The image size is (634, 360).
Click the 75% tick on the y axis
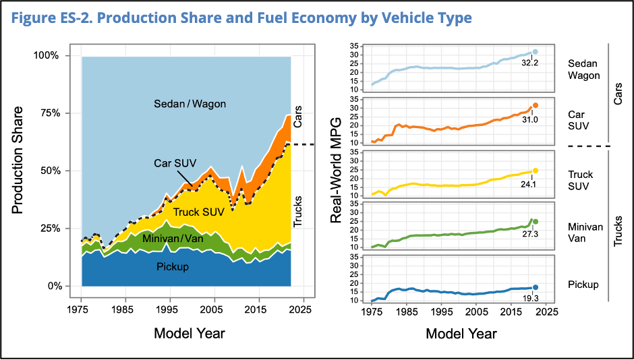(48, 113)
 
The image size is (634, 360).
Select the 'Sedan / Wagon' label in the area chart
(190, 104)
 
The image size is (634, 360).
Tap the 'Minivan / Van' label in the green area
(172, 238)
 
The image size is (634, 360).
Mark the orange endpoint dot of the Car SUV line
(536, 105)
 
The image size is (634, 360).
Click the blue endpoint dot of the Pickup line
(536, 287)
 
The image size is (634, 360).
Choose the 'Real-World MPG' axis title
(337, 170)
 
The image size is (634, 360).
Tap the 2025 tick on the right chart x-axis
(548, 312)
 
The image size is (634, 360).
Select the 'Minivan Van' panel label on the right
(585, 233)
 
